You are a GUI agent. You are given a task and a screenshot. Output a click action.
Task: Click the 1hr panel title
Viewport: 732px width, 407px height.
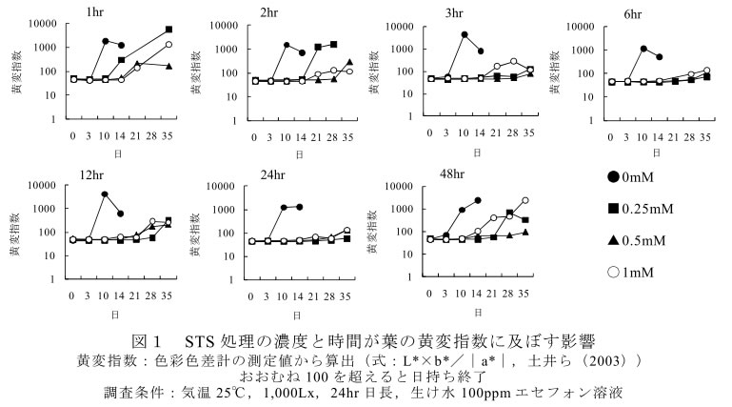tap(95, 13)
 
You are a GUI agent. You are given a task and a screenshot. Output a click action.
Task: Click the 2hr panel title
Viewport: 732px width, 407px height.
tap(267, 13)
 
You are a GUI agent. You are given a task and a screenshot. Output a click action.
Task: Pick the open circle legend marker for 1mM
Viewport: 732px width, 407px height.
tap(615, 273)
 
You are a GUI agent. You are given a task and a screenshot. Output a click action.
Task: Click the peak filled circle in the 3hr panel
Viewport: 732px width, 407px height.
tap(464, 35)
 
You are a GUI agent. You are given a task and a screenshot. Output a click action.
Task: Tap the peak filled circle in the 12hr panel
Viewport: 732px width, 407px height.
tap(105, 194)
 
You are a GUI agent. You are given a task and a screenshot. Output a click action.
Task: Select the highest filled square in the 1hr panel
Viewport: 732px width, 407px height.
tap(168, 30)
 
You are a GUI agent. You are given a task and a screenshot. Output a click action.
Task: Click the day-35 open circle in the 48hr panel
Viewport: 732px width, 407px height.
tap(524, 200)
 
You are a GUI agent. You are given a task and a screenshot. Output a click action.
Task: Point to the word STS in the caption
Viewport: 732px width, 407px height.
tap(202, 340)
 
